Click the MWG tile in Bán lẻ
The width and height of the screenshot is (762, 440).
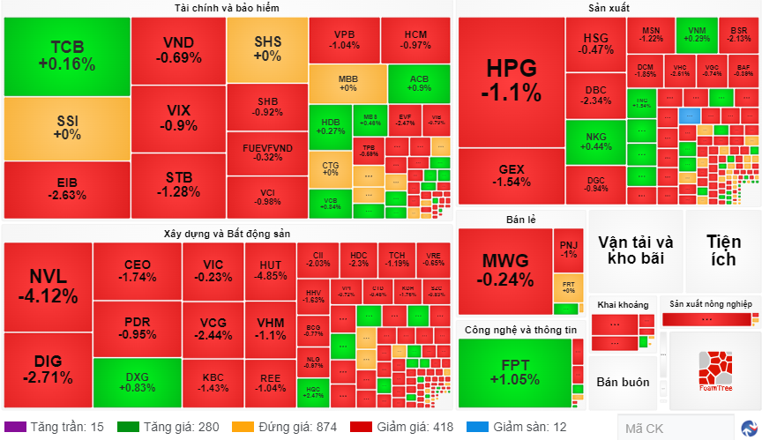point(505,270)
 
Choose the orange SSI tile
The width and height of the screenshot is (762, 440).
point(66,129)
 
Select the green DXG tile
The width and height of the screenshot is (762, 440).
point(137,383)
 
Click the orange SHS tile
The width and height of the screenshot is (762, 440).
point(267,48)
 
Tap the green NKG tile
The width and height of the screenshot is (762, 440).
point(595,140)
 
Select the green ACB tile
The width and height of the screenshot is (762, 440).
point(420,83)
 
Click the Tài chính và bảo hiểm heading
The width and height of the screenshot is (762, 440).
point(228,8)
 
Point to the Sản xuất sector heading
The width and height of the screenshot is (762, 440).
point(609,8)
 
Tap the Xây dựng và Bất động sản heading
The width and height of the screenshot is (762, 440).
point(228,234)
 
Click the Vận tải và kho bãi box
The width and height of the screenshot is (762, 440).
point(635,250)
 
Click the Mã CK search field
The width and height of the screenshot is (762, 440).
point(675,429)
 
